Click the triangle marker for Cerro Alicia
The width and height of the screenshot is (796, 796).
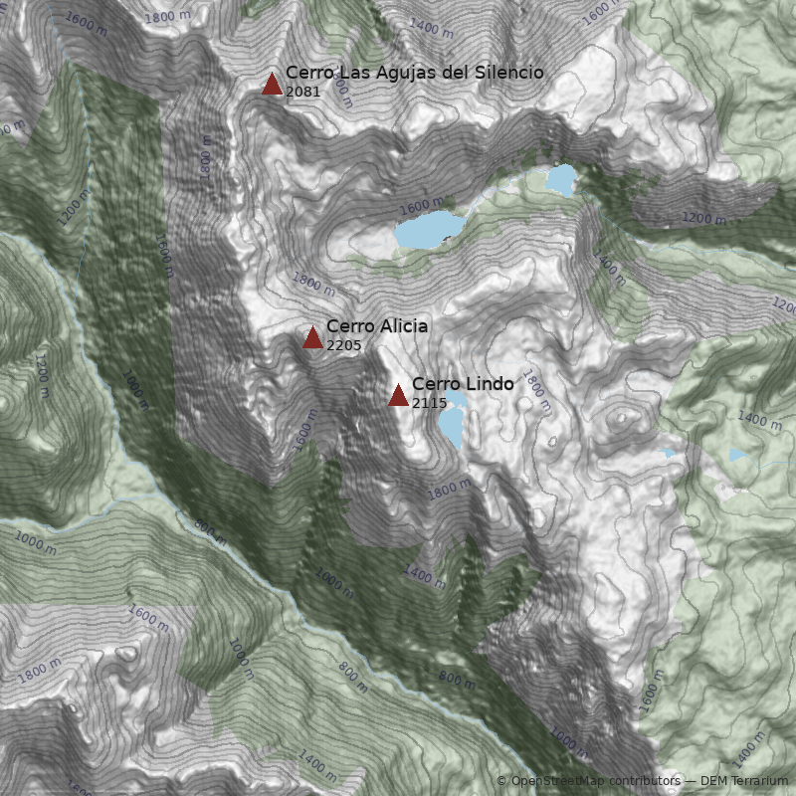pos(312,337)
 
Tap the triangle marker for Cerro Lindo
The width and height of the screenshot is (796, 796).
pos(398,395)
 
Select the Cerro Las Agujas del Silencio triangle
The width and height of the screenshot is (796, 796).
pos(272,84)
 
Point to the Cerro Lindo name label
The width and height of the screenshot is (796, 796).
pos(463,384)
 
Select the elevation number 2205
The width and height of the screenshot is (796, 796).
pos(343,345)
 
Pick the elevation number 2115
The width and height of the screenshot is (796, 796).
pos(429,403)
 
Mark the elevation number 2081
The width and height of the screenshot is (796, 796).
pos(302,92)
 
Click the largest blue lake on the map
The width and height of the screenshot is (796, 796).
pos(430,230)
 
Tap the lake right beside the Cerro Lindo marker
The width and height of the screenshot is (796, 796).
pos(452,422)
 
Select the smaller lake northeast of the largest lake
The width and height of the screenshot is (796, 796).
pos(561,180)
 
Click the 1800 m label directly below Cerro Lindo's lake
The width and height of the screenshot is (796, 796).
pos(450,488)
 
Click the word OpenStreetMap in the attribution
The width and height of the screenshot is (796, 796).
pos(558,781)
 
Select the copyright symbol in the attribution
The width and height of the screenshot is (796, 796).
pos(502,781)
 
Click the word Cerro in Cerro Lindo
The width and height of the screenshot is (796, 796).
pos(434,384)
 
